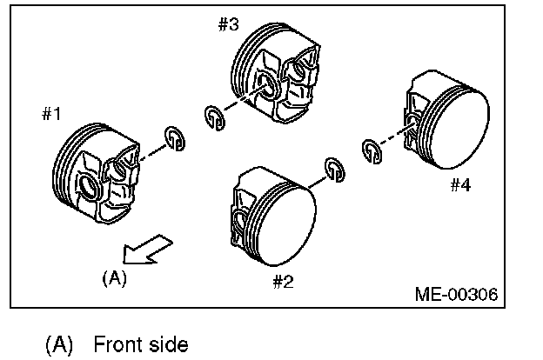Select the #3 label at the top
(229, 24)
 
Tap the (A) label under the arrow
(114, 278)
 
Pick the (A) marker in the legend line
(58, 344)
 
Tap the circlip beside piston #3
(214, 117)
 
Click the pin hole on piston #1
(88, 186)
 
